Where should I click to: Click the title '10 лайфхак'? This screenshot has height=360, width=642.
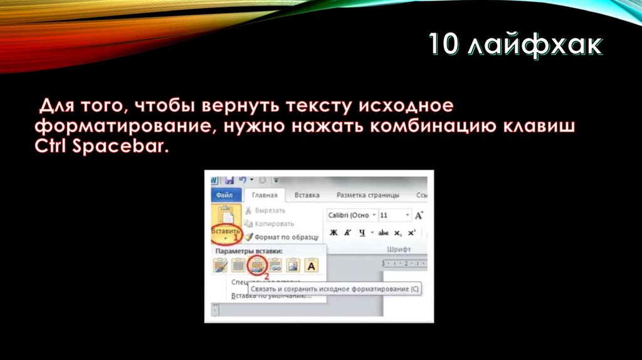coord(515,47)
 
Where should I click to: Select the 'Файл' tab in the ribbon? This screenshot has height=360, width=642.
coord(224,195)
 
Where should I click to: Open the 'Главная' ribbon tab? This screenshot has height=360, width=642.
coord(264,195)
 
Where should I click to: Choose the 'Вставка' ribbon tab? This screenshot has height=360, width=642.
coord(307,195)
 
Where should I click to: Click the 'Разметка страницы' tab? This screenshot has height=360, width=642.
coord(367,195)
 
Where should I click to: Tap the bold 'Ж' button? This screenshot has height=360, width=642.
coord(334,233)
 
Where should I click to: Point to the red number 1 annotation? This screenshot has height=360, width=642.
coord(237,238)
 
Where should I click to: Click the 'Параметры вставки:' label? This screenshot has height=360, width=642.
coord(249,251)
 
